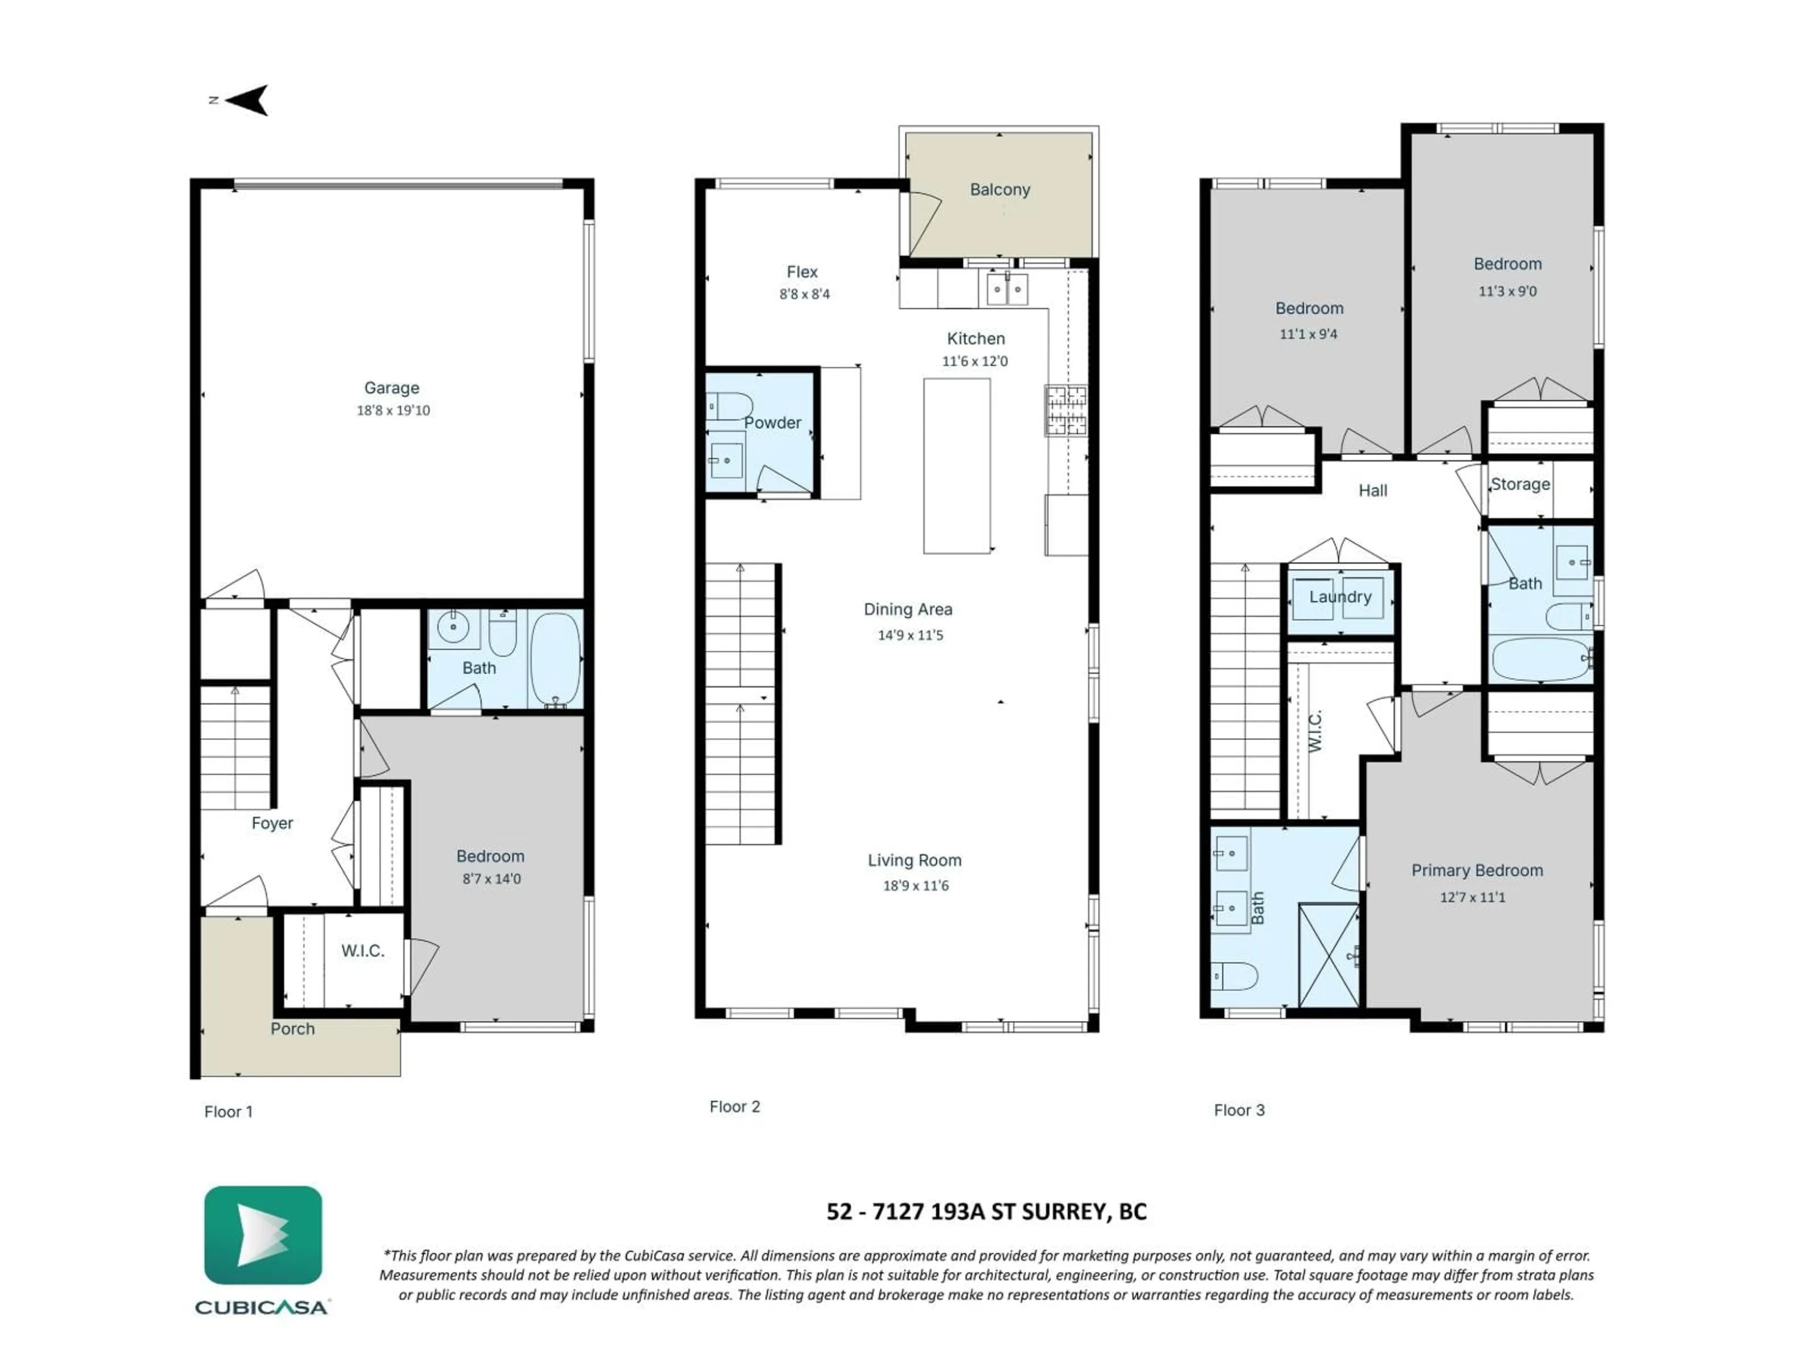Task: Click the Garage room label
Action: [392, 388]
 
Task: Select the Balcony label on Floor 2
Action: [1000, 190]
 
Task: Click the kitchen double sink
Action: [1007, 289]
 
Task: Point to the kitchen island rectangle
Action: [956, 466]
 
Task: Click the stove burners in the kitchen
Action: [1066, 410]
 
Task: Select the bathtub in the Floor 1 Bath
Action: [556, 659]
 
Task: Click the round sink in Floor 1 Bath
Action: [453, 628]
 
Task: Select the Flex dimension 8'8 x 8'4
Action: [805, 294]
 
